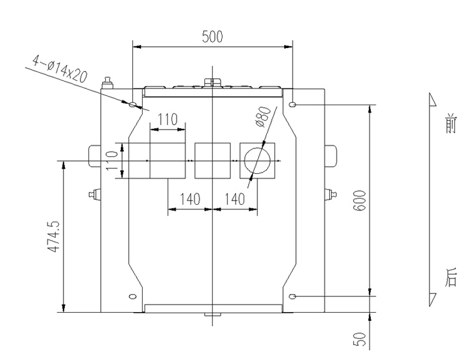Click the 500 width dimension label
pyautogui.click(x=213, y=36)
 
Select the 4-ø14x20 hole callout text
pyautogui.click(x=60, y=69)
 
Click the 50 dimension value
pyautogui.click(x=360, y=339)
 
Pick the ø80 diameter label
pyautogui.click(x=262, y=117)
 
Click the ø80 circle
pyautogui.click(x=257, y=161)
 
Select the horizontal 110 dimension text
pyautogui.click(x=168, y=120)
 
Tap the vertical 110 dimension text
pyautogui.click(x=112, y=161)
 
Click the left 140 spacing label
pyautogui.click(x=190, y=199)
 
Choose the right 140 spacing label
pyautogui.click(x=234, y=199)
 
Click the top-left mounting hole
pyautogui.click(x=133, y=105)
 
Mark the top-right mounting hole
pyautogui.click(x=292, y=105)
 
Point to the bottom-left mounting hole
pyautogui.click(x=133, y=296)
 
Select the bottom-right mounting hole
pyautogui.click(x=292, y=296)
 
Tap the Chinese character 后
pyautogui.click(x=451, y=277)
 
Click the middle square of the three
pyautogui.click(x=213, y=161)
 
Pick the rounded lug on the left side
pyautogui.click(x=95, y=156)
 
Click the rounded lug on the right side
pyautogui.click(x=330, y=156)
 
